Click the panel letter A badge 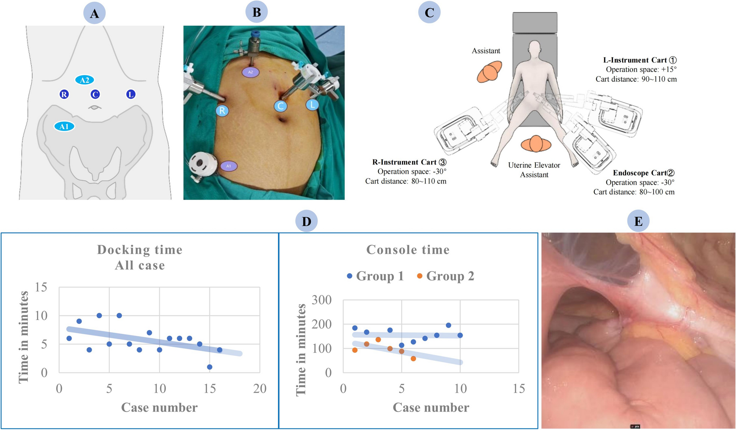94,13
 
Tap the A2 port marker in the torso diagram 84,80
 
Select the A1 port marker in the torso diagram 64,126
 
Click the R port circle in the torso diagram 64,94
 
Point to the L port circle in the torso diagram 131,94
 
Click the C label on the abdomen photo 280,106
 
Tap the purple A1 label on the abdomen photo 229,166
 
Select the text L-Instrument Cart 635,60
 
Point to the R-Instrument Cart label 405,162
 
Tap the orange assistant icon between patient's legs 536,144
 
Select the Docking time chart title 140,250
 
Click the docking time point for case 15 209,367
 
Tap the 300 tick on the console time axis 322,300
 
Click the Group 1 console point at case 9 448,325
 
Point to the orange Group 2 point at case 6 413,359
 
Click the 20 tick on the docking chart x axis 260,389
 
